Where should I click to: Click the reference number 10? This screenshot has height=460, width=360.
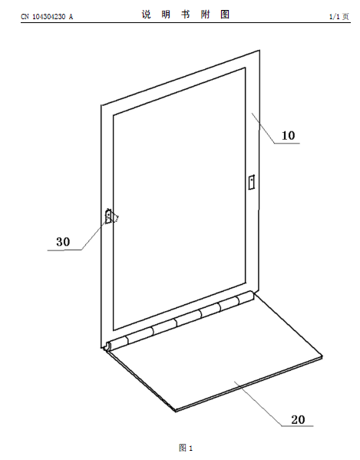click(288, 135)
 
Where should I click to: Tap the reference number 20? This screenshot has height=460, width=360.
click(298, 420)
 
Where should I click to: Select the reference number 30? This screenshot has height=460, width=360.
click(63, 242)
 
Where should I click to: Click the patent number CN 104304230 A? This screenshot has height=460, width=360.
click(47, 17)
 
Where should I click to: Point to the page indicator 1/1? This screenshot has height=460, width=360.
click(334, 16)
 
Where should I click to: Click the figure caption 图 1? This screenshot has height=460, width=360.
click(186, 448)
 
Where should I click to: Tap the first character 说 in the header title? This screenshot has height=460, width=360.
click(147, 15)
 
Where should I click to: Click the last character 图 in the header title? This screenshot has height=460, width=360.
click(225, 15)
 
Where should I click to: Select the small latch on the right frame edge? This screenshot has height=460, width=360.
click(251, 182)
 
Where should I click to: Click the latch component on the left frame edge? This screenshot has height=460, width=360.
click(109, 217)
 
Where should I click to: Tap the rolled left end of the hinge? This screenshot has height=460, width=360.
click(108, 346)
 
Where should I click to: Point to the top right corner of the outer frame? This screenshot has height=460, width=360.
click(259, 51)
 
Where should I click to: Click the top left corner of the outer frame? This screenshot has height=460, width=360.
click(101, 105)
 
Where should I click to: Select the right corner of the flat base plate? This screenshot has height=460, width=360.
click(322, 356)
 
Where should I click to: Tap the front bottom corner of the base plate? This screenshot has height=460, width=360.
click(176, 410)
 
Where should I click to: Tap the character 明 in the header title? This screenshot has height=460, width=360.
click(166, 15)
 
